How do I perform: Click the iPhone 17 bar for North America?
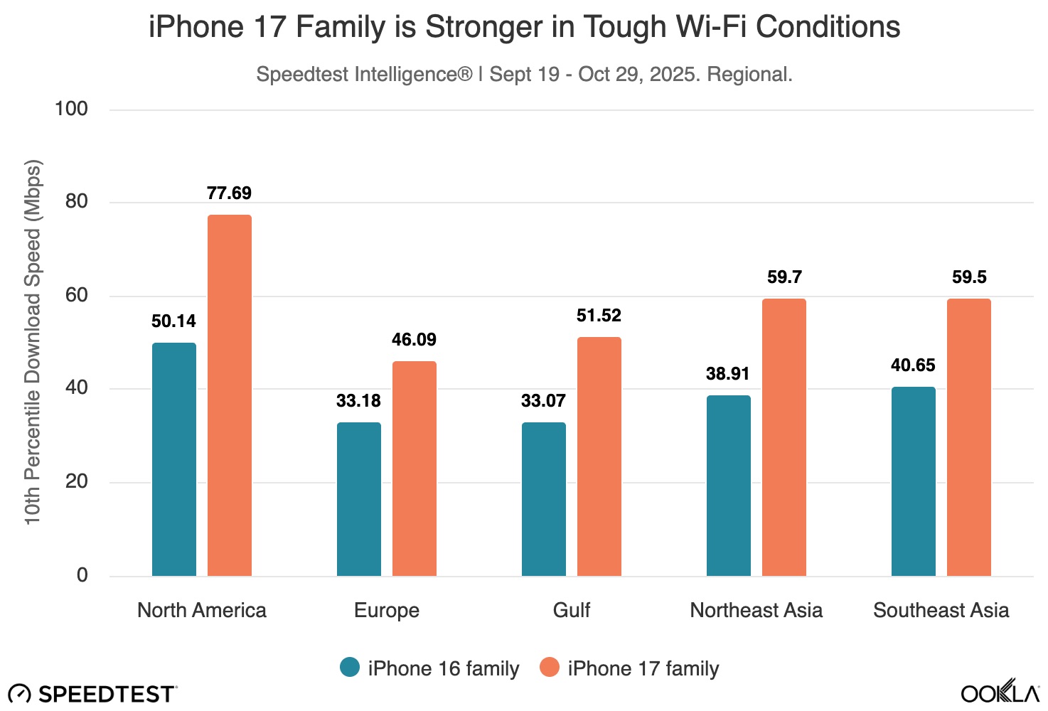(x=230, y=395)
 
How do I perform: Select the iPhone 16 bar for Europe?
(x=359, y=499)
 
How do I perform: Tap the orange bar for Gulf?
(x=599, y=456)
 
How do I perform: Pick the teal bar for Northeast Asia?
(x=729, y=486)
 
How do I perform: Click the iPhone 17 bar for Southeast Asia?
(x=969, y=437)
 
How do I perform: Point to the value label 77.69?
(x=229, y=193)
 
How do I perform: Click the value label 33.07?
(x=543, y=401)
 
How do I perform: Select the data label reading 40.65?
(x=913, y=365)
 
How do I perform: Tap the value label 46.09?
(x=414, y=340)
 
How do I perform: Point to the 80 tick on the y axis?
(x=76, y=202)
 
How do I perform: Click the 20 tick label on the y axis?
(x=76, y=481)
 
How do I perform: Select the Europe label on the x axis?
(x=387, y=611)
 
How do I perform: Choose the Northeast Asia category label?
(x=756, y=611)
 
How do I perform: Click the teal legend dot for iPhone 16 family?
(x=350, y=668)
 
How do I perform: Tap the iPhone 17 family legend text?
(x=643, y=669)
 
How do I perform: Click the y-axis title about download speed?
(x=33, y=343)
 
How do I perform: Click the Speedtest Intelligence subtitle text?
(x=524, y=75)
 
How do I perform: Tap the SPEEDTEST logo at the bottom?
(x=92, y=694)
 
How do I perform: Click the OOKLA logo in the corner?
(x=1000, y=693)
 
